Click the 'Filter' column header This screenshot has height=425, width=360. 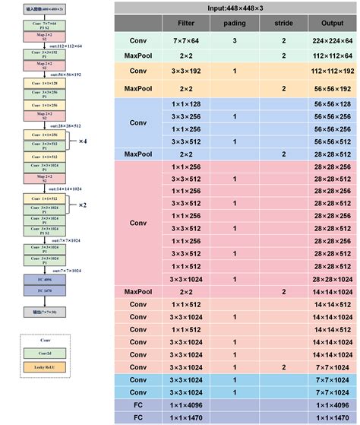(x=186, y=24)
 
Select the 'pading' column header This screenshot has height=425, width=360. (x=234, y=24)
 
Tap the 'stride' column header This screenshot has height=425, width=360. (x=283, y=24)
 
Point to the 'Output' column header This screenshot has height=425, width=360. (x=332, y=24)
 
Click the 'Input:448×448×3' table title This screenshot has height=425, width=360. (x=235, y=8)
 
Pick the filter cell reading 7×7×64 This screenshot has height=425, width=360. (x=186, y=40)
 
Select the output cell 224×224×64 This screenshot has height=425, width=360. (x=332, y=40)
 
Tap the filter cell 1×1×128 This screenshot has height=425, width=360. (x=186, y=103)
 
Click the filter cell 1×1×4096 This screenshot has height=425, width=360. (x=186, y=404)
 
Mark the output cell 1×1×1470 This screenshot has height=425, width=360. (x=332, y=417)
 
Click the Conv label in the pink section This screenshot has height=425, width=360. (x=138, y=223)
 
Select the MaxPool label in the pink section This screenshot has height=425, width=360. (x=138, y=291)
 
